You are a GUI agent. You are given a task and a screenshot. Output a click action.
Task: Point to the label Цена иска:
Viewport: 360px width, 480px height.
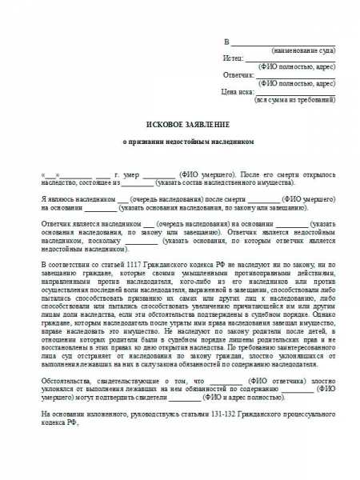coord(231,91)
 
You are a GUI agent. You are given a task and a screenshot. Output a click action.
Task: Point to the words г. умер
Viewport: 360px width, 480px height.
coord(131,174)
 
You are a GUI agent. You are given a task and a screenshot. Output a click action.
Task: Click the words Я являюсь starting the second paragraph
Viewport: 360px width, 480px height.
coord(58,197)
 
